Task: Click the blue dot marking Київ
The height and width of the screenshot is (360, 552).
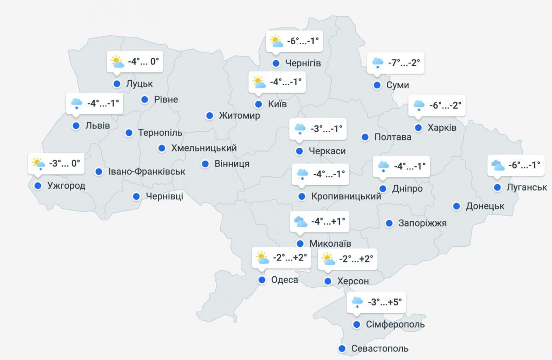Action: pos(259,104)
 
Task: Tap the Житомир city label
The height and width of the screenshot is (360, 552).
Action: pos(239,116)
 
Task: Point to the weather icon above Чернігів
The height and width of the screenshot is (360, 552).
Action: pos(276,41)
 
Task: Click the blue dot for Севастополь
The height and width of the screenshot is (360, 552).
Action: pos(342,348)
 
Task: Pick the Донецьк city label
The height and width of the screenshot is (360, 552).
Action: pos(485,206)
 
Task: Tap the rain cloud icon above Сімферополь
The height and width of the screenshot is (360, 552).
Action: pos(357,302)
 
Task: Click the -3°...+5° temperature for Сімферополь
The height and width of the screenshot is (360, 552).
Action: pos(385,302)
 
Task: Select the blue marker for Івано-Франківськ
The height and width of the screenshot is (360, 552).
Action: pos(98,172)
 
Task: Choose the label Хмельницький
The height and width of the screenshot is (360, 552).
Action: pos(204,148)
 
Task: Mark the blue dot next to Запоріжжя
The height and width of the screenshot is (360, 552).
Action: pos(389,223)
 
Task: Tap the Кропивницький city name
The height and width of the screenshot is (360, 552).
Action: pos(346,197)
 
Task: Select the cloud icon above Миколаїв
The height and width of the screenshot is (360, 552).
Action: pos(300,221)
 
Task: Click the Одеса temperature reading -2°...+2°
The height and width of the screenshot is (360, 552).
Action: pos(290,258)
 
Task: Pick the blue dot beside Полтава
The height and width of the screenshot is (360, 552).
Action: pos(365,137)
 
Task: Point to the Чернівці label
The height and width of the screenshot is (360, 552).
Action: pos(164,197)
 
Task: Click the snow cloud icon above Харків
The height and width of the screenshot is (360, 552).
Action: pos(419,105)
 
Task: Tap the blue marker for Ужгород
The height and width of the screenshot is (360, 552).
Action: pos(37,186)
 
